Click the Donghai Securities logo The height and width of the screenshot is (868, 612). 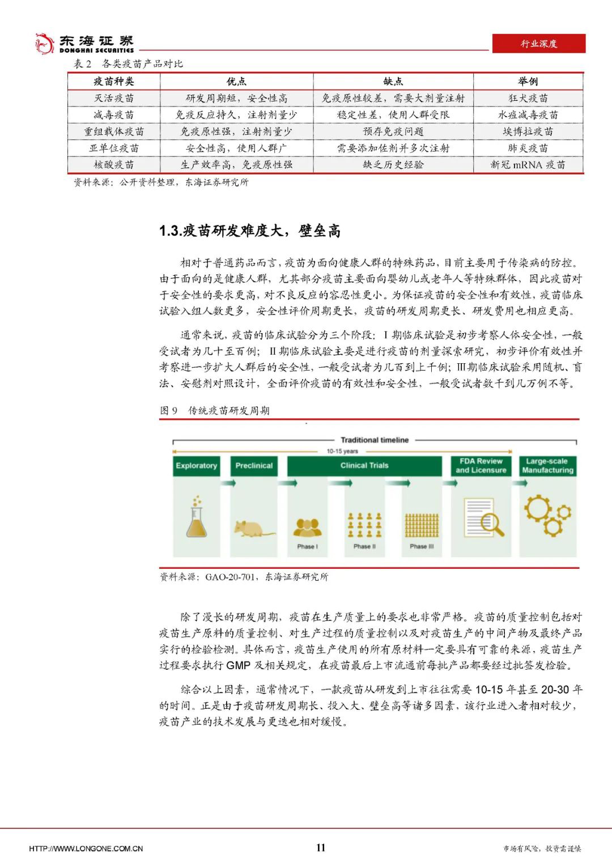point(84,43)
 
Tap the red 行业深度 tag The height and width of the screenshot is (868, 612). point(538,44)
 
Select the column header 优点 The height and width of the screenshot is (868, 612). point(236,82)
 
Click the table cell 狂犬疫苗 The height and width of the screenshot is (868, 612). point(528,98)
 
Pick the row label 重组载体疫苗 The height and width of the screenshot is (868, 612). point(114,131)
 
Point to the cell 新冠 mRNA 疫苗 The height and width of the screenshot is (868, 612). point(528,165)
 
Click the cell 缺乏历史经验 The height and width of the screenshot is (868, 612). point(393,165)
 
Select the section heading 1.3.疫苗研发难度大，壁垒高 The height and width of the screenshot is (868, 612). point(250,231)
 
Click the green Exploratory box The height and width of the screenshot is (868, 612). point(196,466)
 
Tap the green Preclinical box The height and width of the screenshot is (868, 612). point(254,466)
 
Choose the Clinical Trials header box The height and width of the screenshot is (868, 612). point(364,466)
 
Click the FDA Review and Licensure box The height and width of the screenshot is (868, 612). point(481,466)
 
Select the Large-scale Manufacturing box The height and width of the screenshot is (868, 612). point(547,466)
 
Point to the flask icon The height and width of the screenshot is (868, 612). point(196,518)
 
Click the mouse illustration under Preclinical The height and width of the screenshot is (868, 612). point(253,527)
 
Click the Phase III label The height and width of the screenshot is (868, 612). point(422,547)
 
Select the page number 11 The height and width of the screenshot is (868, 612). point(321,848)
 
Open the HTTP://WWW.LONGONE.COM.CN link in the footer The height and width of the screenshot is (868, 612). point(86,848)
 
